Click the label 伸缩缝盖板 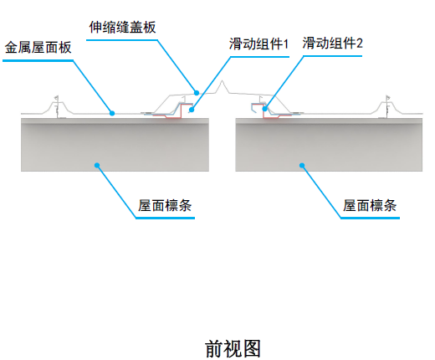click(123, 27)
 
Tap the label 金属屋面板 click(38, 48)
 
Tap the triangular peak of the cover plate click(221, 85)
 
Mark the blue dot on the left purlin click(97, 165)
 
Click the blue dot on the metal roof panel click(112, 111)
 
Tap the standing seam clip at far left click(56, 105)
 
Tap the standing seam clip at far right click(388, 105)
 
